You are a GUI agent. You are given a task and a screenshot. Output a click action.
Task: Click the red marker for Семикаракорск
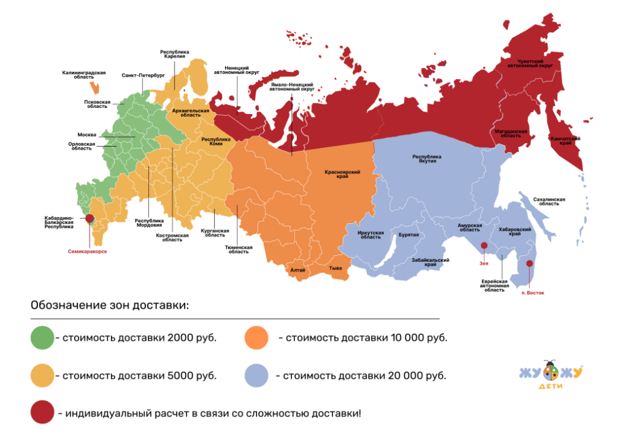pyautogui.click(x=90, y=218)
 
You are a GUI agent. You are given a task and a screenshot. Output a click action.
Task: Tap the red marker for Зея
pyautogui.click(x=484, y=246)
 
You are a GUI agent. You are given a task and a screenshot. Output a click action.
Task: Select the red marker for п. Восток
pyautogui.click(x=530, y=265)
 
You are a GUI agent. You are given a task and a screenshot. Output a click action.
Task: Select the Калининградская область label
pyautogui.click(x=84, y=75)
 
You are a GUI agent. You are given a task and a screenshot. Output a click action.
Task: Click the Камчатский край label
pyautogui.click(x=564, y=141)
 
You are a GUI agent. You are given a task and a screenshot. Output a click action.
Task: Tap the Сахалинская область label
pyautogui.click(x=549, y=202)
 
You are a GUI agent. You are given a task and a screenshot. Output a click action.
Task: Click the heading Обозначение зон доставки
pyautogui.click(x=110, y=305)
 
